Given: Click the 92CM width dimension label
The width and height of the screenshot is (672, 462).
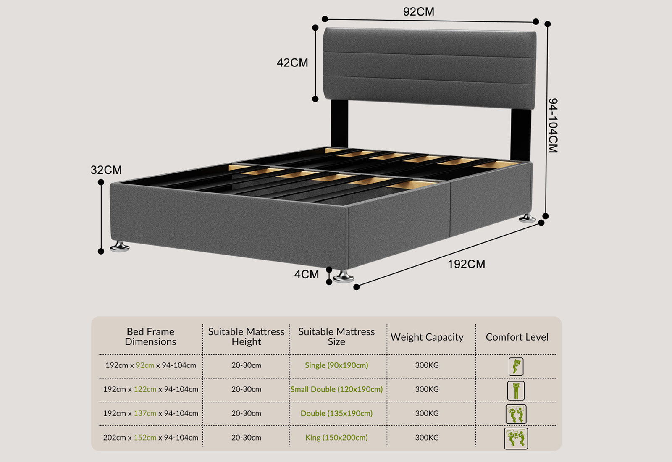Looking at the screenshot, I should pos(418,12).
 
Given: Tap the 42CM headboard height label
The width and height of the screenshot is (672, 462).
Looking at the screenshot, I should pos(292,63).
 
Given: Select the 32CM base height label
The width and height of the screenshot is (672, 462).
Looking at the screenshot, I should pos(106,170).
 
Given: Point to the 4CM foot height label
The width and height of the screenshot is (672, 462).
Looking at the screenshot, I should pos(306,275).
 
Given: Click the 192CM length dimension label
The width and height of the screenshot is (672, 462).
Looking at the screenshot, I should pos(466,264).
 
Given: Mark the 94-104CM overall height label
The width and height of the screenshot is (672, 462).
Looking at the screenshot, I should pos(553,126).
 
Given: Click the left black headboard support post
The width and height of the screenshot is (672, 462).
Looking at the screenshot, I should pos(339,123).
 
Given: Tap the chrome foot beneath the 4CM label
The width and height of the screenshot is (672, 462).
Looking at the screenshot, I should pos(344,277).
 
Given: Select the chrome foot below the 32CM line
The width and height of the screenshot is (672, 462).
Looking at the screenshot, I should pos(120,247).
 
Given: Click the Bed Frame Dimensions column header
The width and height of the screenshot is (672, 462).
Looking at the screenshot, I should pos(150,337).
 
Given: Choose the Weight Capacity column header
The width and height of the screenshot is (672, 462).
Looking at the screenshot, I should pos(427,337).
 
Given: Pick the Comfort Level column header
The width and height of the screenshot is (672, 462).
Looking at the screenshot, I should pos(517,337).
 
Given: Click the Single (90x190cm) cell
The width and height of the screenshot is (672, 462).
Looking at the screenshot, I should pos(336,365).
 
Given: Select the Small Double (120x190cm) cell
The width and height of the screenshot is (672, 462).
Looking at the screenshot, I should pos(336,389).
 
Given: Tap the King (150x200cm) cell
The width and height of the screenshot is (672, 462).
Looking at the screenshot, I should pos(336,438).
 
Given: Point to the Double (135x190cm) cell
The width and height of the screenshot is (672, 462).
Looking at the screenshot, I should pos(336,413).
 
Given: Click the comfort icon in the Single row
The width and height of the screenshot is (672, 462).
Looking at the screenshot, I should pos(516,367).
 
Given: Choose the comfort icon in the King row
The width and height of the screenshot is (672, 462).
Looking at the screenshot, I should pos(516,438).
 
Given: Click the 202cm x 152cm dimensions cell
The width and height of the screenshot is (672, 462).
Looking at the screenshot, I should pos(150,438).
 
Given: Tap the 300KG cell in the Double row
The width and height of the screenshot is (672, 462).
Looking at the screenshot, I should pos(427,413).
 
